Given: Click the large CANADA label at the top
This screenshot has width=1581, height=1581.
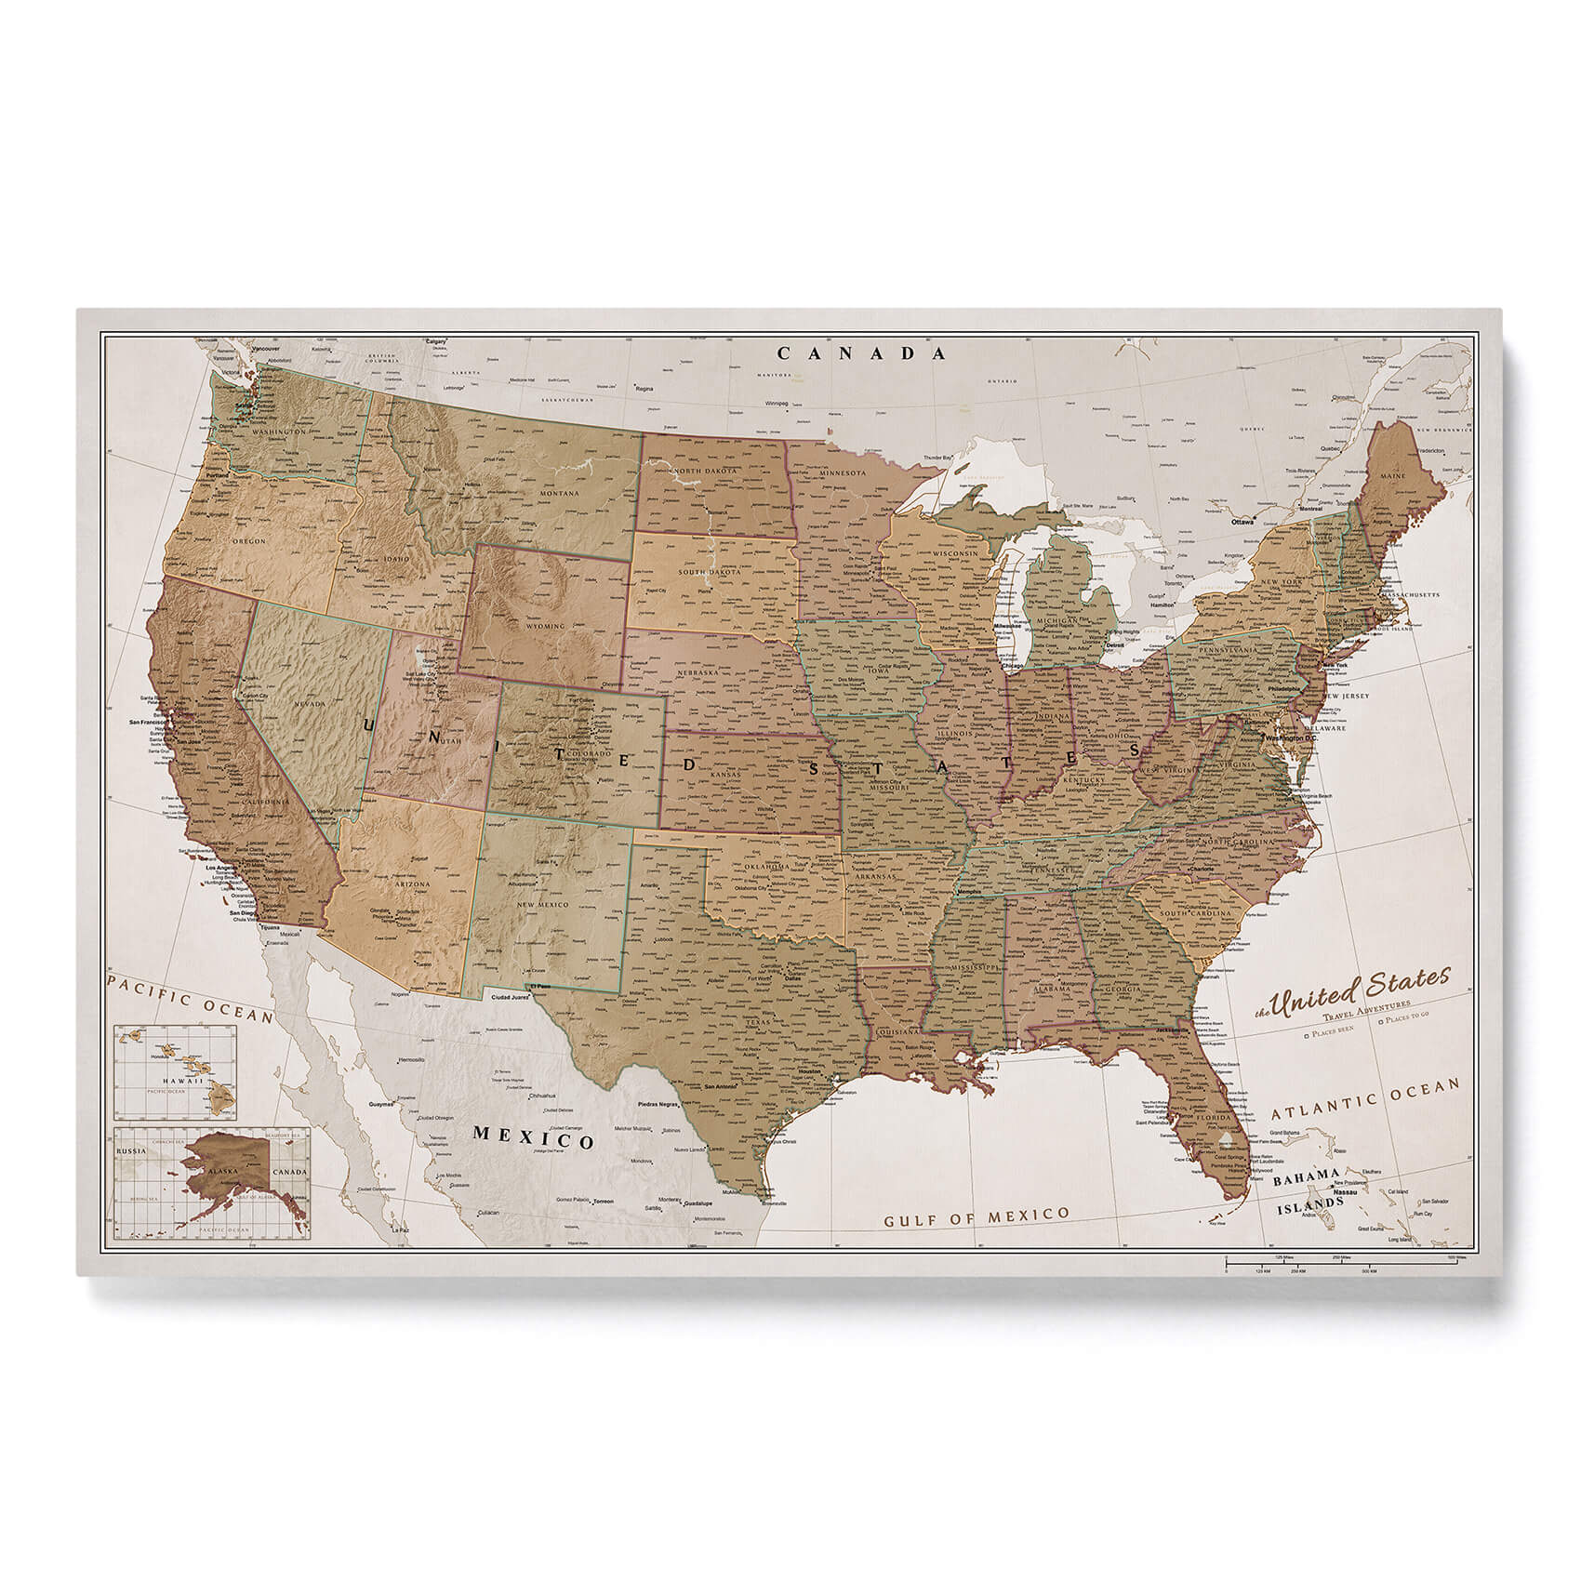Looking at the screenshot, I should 861,353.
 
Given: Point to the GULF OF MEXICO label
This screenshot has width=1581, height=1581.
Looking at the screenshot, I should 976,1215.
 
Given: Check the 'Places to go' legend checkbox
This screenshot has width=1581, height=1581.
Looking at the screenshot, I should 1381,1021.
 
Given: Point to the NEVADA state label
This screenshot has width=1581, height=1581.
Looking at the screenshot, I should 310,705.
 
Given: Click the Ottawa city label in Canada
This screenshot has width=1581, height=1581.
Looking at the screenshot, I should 1242,523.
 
